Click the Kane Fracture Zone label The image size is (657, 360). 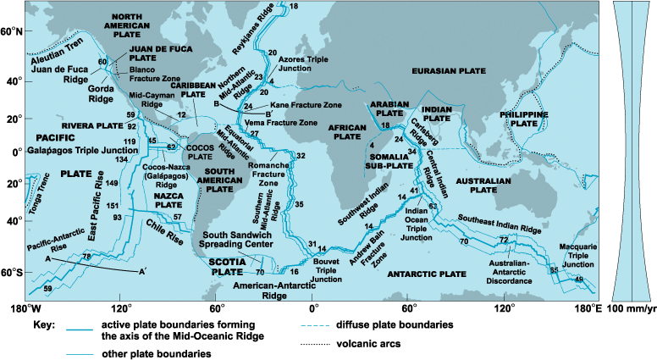point(306,106)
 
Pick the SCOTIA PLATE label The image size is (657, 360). point(226,268)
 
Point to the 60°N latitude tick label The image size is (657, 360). point(11,31)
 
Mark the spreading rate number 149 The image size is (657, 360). point(113,184)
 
